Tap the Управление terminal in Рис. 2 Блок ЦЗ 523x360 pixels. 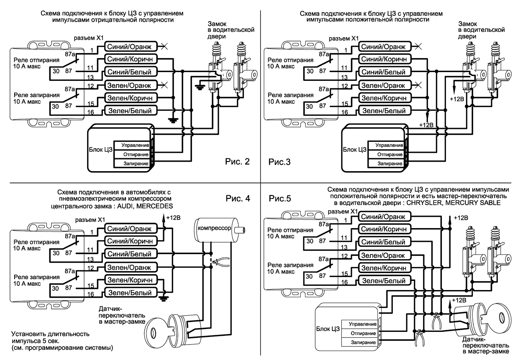[135, 145]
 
